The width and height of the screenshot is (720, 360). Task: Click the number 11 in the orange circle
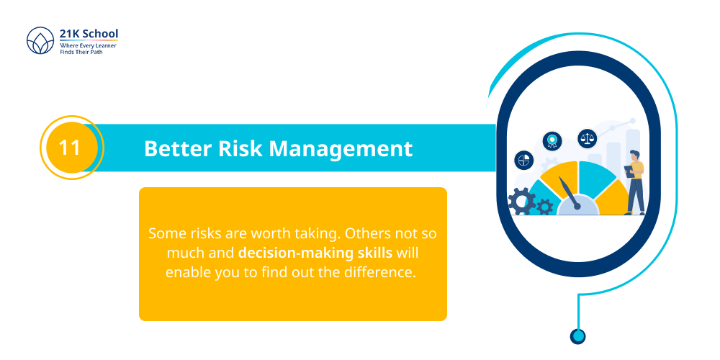click(x=69, y=148)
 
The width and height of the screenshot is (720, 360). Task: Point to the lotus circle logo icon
click(x=40, y=42)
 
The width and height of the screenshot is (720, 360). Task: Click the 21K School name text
click(x=89, y=34)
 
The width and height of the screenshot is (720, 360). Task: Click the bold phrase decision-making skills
click(x=315, y=253)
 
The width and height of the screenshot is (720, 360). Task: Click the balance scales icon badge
click(x=587, y=138)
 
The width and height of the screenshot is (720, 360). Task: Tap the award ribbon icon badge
click(x=552, y=140)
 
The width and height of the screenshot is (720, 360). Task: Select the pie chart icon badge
click(x=523, y=160)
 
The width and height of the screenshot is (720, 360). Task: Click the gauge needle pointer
click(x=569, y=193)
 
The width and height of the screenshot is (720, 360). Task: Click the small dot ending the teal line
click(x=577, y=336)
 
